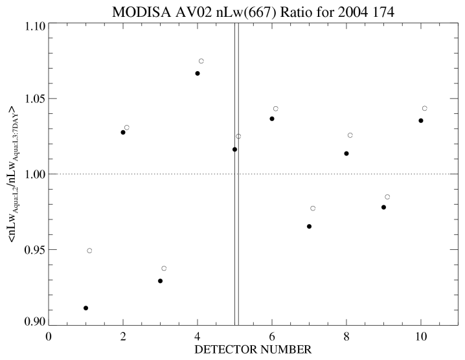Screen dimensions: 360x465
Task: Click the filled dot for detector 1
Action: pos(85,308)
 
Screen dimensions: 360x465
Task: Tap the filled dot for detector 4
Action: pos(198,74)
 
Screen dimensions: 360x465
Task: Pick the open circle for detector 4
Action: pos(201,61)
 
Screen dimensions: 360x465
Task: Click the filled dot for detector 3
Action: pos(160,281)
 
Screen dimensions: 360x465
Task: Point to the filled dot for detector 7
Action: pos(309,227)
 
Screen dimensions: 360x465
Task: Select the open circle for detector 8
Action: pos(350,135)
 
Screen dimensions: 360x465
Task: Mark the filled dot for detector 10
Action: pos(421,120)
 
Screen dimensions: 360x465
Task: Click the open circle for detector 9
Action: pos(387,197)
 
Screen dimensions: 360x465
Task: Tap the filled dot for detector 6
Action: pos(272,118)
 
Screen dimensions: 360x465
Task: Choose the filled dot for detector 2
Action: pos(123,132)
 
